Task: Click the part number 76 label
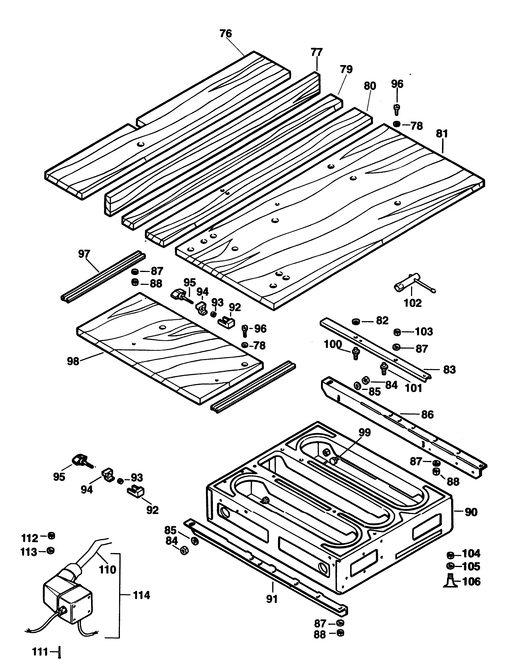226,33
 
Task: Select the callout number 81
442,134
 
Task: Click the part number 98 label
73,361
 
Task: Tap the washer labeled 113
51,550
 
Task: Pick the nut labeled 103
397,332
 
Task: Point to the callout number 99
365,432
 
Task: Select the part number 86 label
427,415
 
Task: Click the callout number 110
108,570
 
